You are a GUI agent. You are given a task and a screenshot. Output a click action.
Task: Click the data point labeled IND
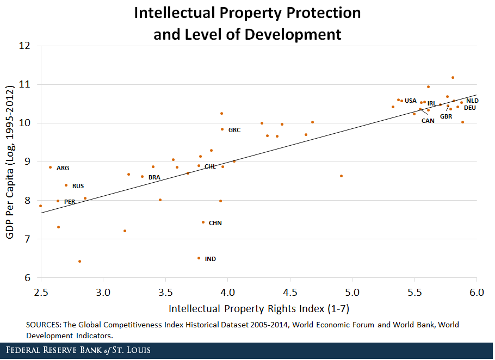(199, 258)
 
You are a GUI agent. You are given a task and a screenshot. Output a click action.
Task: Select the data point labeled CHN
(203, 222)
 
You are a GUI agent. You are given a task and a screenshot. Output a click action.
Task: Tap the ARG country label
(63, 168)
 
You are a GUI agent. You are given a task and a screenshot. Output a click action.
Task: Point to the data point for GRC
(222, 129)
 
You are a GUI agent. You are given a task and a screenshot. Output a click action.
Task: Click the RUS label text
(78, 186)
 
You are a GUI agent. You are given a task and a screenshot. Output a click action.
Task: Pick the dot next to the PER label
(58, 201)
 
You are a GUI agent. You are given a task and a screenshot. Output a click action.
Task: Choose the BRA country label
(154, 177)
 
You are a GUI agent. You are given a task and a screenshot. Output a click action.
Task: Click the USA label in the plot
(411, 101)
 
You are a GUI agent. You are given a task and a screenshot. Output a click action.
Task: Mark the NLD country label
(472, 101)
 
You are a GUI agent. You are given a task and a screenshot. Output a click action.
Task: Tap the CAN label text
(428, 121)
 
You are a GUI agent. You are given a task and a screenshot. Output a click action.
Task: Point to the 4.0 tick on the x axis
(228, 292)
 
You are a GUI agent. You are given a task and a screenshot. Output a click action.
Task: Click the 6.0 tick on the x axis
(477, 292)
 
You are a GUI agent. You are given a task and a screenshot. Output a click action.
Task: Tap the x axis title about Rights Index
(258, 309)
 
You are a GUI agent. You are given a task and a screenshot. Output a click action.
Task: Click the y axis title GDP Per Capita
(9, 162)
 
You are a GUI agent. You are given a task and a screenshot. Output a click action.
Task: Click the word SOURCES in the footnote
(44, 325)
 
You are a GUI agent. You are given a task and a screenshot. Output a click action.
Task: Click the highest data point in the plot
(453, 78)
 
